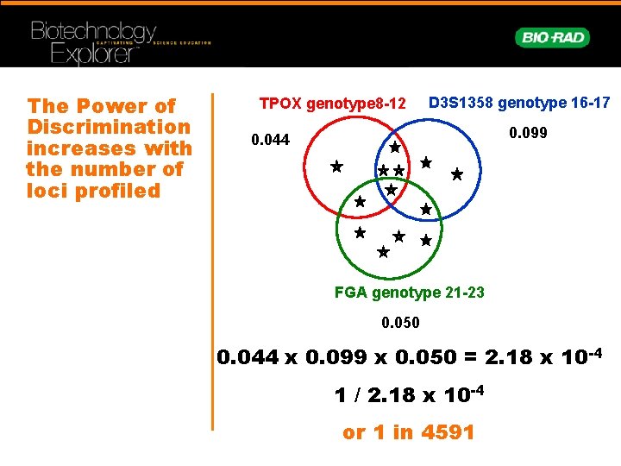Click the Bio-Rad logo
553,37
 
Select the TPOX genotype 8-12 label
332,104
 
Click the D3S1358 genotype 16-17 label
519,103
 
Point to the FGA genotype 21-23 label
409,293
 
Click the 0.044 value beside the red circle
270,140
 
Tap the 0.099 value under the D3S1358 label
529,134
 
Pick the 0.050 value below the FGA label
400,323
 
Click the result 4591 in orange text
447,432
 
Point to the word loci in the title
45,190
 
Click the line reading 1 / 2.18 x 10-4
410,395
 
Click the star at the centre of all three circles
391,189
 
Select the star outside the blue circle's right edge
457,174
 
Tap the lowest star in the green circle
383,253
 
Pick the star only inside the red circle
336,165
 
